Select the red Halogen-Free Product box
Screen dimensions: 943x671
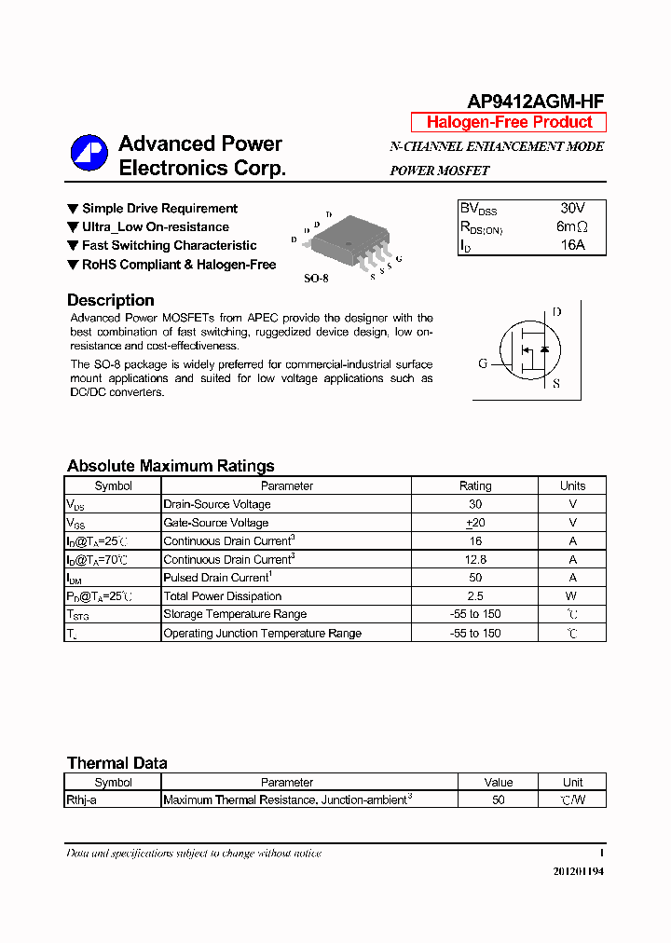(509, 122)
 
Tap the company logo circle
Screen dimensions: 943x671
(89, 153)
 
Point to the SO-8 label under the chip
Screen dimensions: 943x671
(317, 278)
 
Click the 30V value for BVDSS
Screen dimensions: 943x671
(572, 209)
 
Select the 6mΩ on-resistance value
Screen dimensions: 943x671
(571, 226)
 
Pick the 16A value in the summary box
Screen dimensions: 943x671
(572, 245)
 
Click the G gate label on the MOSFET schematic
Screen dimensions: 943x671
(483, 363)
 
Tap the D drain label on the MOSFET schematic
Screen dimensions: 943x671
(556, 313)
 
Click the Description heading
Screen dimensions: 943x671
(111, 300)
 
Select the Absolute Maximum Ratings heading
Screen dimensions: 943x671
(171, 466)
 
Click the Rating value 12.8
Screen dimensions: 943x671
(474, 559)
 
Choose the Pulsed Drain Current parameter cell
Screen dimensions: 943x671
(216, 578)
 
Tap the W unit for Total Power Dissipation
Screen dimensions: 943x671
(572, 596)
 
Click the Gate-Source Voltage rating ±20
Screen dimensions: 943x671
(474, 523)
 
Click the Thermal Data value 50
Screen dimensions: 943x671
(499, 799)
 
